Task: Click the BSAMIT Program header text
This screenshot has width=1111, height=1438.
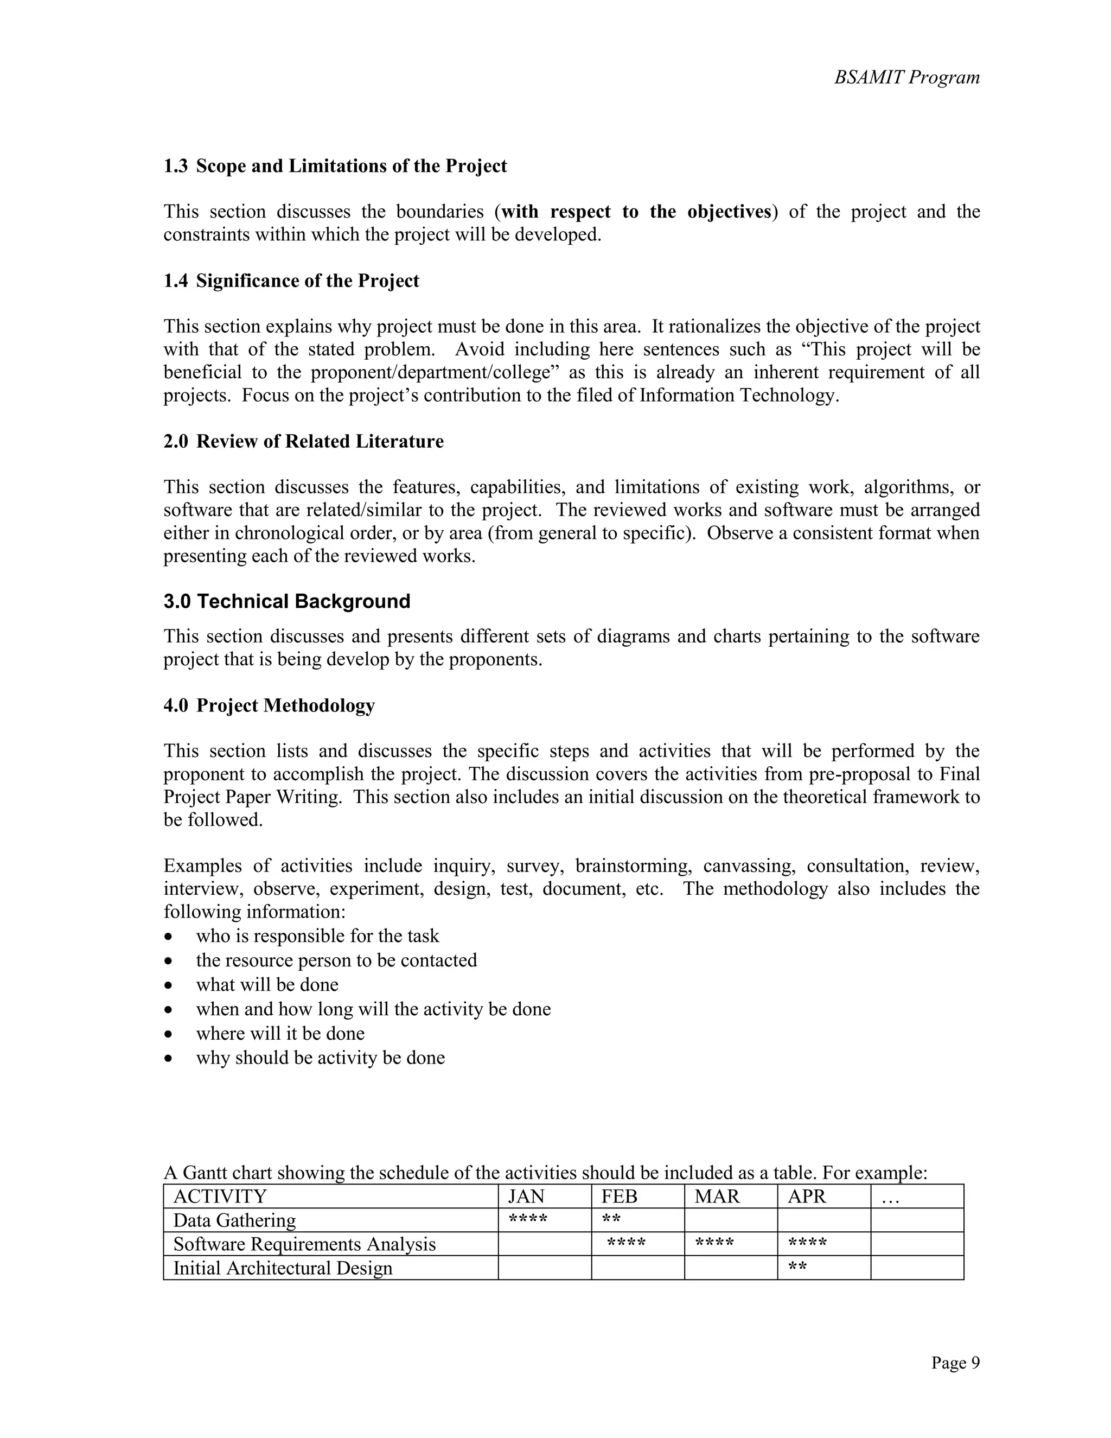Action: point(906,78)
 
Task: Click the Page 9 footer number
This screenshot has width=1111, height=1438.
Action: point(955,1362)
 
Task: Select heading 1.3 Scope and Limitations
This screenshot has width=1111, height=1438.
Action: point(335,166)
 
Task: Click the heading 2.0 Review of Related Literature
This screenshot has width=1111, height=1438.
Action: point(303,441)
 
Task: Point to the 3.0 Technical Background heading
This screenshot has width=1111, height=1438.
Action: point(287,601)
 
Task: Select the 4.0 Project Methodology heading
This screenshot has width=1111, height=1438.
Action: point(269,705)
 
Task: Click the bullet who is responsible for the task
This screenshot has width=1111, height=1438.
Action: point(317,936)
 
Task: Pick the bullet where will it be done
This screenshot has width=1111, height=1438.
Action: point(280,1033)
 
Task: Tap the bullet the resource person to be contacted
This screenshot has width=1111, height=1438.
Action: point(336,960)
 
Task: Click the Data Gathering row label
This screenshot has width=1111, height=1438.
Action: point(234,1220)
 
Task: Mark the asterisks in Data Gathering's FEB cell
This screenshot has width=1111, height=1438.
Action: point(611,1219)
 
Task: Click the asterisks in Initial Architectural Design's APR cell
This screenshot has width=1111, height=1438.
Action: point(797,1266)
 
